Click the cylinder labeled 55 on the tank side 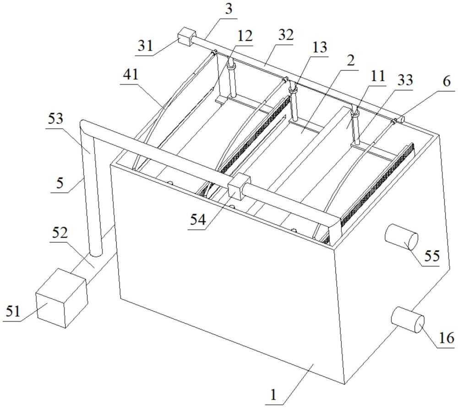pyautogui.click(x=400, y=238)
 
